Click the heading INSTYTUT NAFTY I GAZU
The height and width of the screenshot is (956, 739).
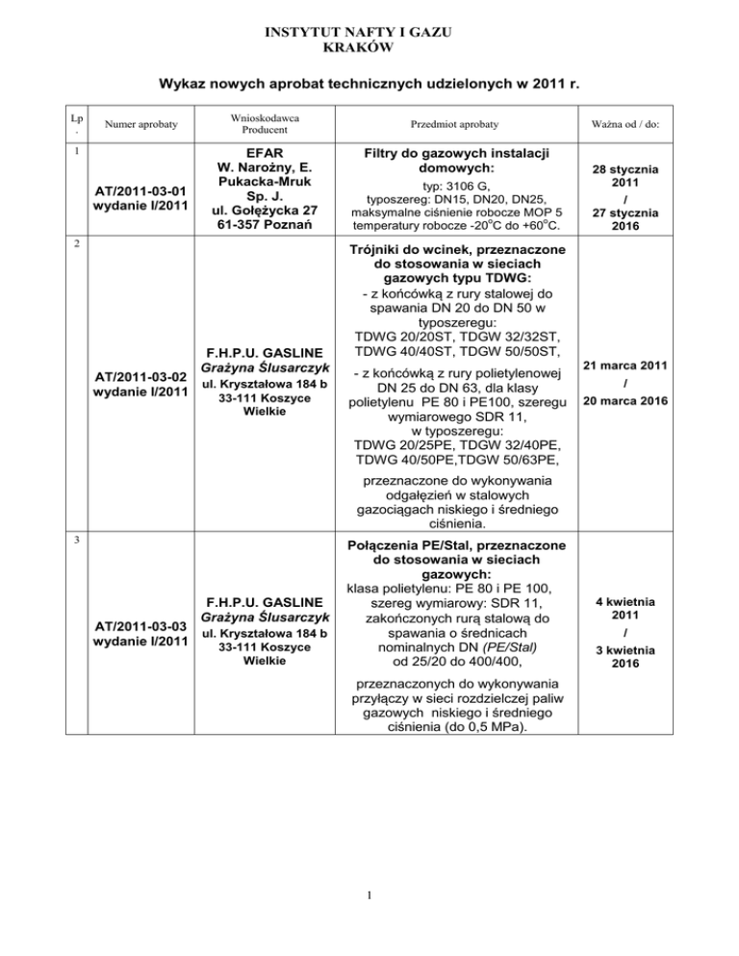click(369, 33)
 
